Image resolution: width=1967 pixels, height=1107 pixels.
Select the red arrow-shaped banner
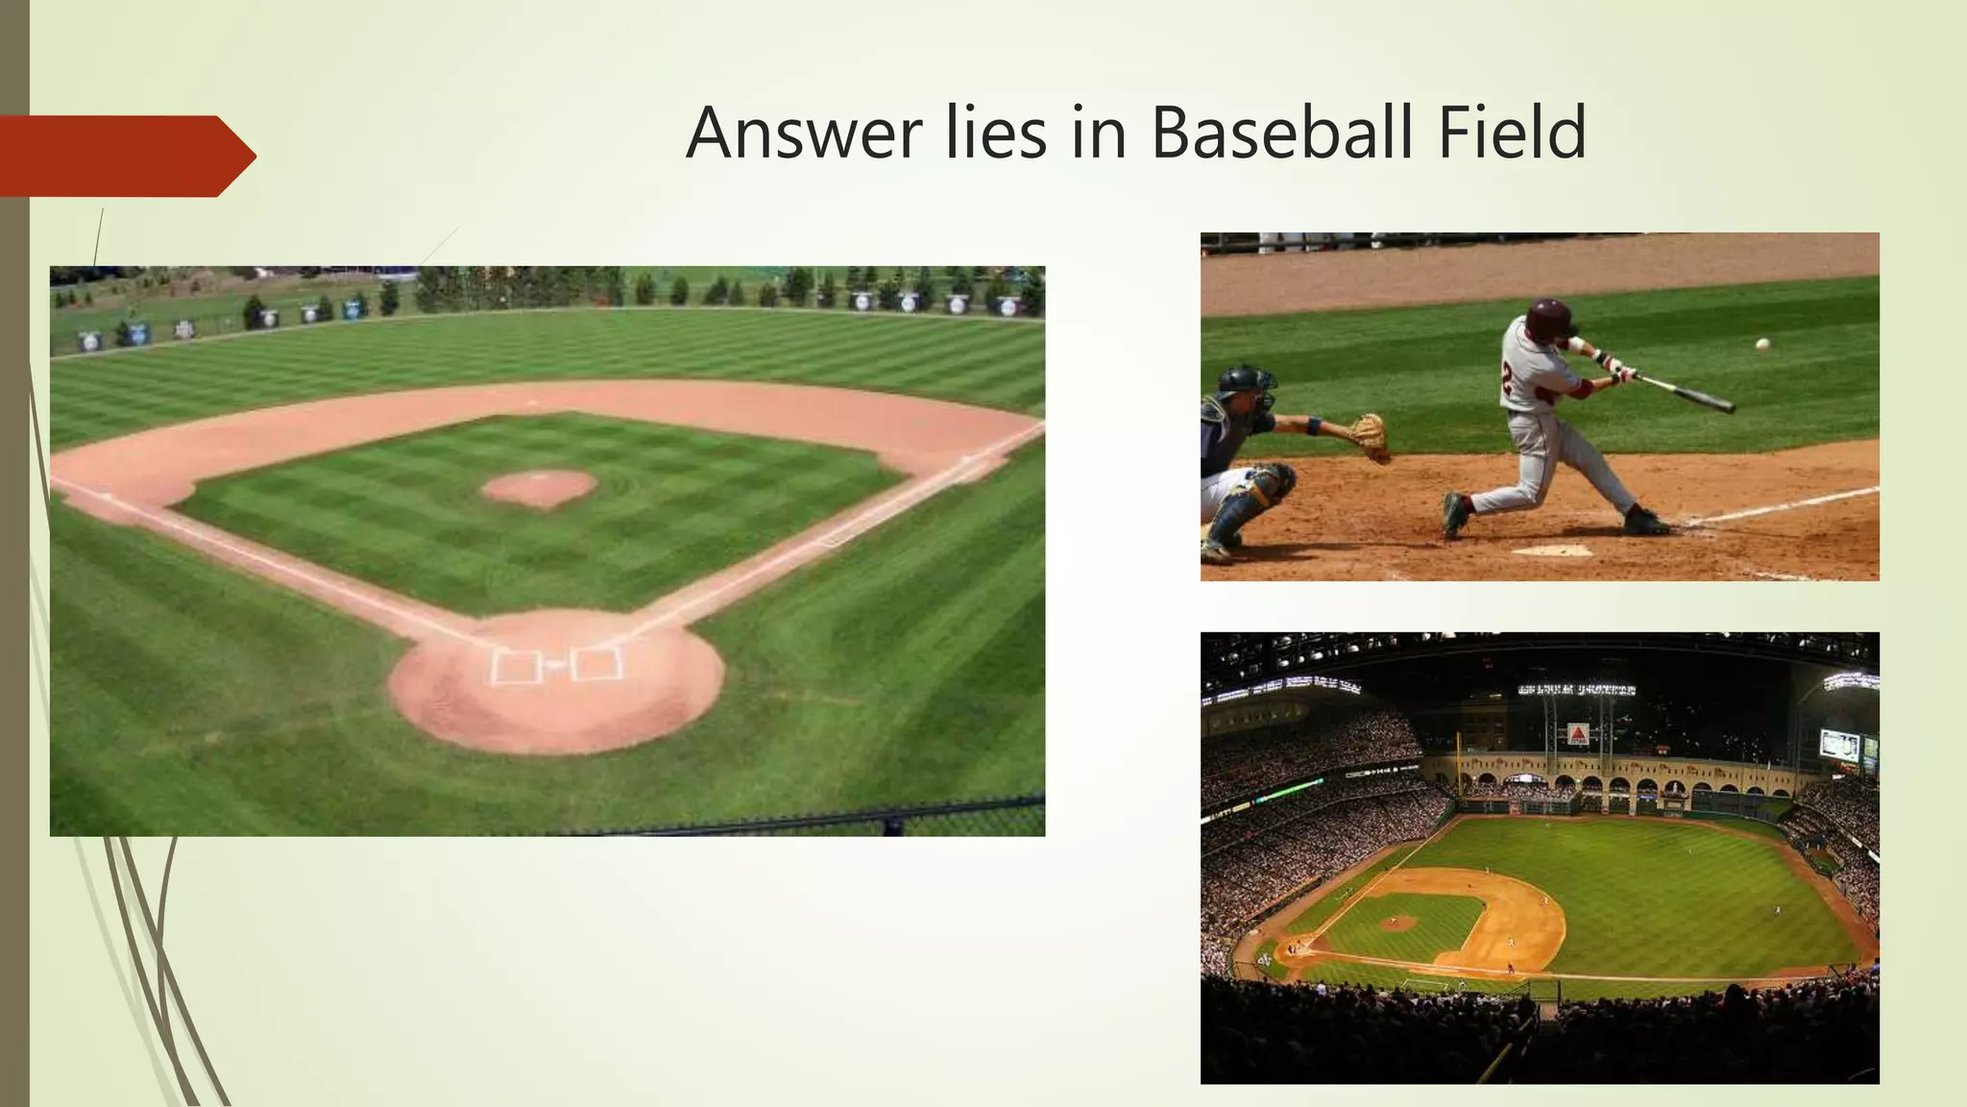pyautogui.click(x=125, y=156)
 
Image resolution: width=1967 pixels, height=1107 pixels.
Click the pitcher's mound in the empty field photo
pyautogui.click(x=539, y=487)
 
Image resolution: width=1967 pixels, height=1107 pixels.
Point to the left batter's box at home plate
pyautogui.click(x=517, y=665)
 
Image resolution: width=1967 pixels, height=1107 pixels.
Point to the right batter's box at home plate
pyautogui.click(x=595, y=663)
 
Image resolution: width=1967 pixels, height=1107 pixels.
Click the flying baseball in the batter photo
pyautogui.click(x=1762, y=343)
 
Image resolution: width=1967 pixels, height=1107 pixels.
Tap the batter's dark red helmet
pyautogui.click(x=1551, y=316)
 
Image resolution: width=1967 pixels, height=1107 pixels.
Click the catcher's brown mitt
pyautogui.click(x=1371, y=435)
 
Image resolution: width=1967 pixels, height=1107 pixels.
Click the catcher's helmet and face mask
pyautogui.click(x=1247, y=386)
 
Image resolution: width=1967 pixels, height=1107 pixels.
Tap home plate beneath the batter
pyautogui.click(x=1554, y=551)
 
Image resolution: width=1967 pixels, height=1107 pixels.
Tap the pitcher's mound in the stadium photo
pyautogui.click(x=1398, y=922)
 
